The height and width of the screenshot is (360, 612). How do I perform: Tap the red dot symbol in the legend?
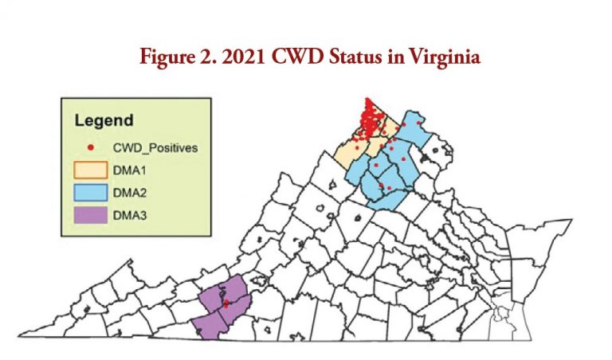91,148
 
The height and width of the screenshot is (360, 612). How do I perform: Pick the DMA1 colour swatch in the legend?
91,170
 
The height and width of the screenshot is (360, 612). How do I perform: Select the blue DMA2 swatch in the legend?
91,192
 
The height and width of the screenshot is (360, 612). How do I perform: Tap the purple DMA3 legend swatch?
91,214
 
